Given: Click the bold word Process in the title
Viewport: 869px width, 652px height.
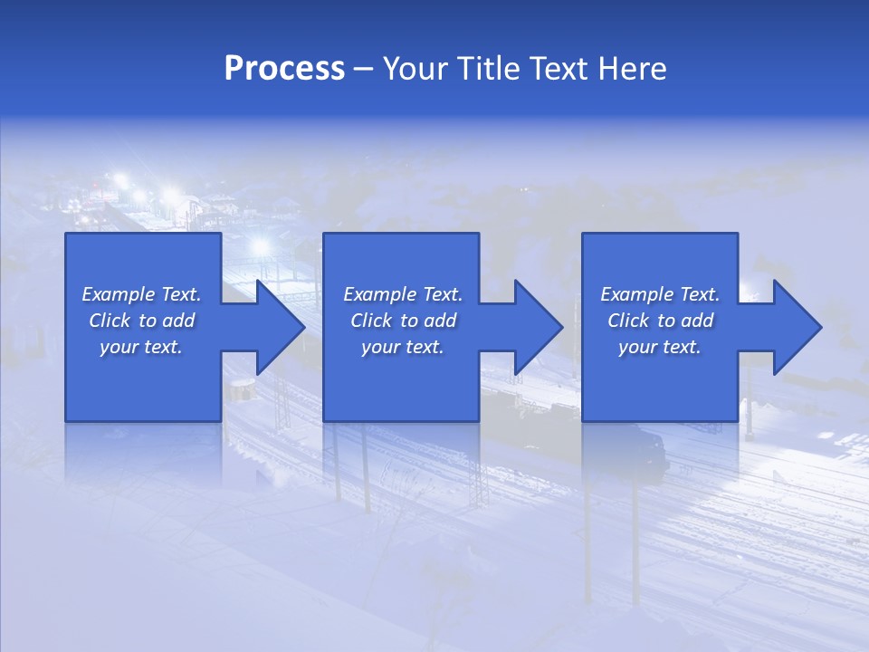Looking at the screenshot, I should pyautogui.click(x=284, y=69).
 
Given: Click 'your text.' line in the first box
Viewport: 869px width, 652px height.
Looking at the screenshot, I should pyautogui.click(x=141, y=347).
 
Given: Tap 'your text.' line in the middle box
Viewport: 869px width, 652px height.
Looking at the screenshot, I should pyautogui.click(x=403, y=347).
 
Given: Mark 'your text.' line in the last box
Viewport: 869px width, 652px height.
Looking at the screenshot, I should pyautogui.click(x=660, y=347).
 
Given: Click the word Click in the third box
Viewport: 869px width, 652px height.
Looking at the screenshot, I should pyautogui.click(x=629, y=321).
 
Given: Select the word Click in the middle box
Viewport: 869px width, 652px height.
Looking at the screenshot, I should pyautogui.click(x=371, y=321).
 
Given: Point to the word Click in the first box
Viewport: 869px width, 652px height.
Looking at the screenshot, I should pyautogui.click(x=110, y=321).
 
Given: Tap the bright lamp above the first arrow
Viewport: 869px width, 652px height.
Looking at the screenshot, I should pyautogui.click(x=261, y=246).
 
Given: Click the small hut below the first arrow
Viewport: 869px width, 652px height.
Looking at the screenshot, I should pyautogui.click(x=241, y=390).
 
